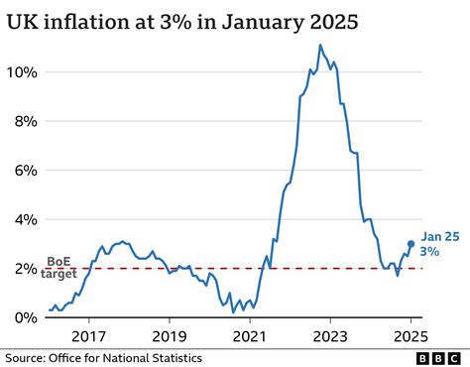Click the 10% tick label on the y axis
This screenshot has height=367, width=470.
point(24,72)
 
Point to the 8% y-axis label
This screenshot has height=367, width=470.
point(27,121)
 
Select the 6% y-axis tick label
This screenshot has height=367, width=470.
point(27,170)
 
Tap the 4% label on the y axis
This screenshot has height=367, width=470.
point(27,219)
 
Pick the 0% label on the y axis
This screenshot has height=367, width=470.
point(27,317)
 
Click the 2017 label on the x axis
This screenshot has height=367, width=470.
point(89,336)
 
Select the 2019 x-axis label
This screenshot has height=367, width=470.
point(170,336)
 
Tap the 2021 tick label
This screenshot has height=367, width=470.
point(250,336)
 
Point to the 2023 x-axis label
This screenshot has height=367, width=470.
point(330,336)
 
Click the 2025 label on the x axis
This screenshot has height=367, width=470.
point(411,336)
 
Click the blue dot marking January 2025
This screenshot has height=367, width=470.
point(411,244)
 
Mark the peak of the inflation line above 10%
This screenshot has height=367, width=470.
point(320,46)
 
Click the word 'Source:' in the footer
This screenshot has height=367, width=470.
point(27,357)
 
